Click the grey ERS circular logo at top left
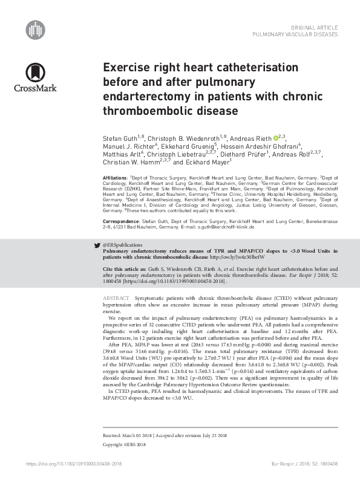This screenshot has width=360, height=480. (x=36, y=28)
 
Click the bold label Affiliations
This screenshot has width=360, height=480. (x=116, y=177)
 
